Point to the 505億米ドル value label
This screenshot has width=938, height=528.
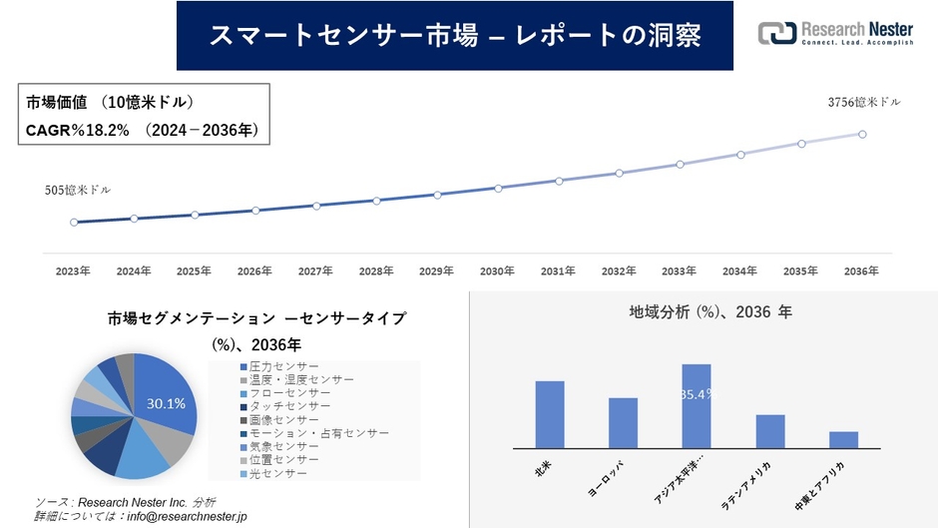(78, 190)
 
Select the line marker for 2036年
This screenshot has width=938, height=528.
(861, 134)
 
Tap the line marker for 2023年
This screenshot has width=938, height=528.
(74, 223)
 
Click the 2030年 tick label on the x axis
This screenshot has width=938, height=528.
(497, 270)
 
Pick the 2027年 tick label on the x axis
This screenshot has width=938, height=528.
(315, 270)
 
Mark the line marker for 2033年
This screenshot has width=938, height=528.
(680, 164)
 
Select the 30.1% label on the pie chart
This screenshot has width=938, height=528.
(166, 404)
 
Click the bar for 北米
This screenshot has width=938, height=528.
(550, 414)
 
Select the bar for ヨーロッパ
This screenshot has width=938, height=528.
(623, 423)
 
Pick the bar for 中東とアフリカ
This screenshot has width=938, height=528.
(843, 439)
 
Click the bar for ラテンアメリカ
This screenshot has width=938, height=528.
(770, 431)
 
